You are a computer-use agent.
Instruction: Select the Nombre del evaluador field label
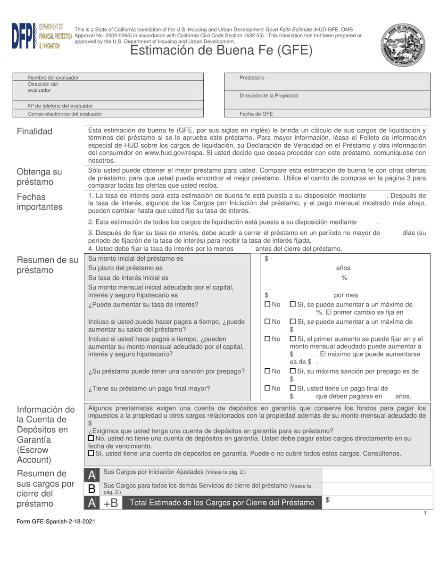pos(53,77)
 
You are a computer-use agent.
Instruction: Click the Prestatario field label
pos(252,77)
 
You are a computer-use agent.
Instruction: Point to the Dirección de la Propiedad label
pos(269,96)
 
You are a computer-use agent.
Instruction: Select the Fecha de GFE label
pos(256,114)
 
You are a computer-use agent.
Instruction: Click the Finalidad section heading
pos(35,132)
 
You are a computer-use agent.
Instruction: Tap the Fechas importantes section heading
pos(40,202)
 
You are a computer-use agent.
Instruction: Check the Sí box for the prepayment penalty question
pos(292,371)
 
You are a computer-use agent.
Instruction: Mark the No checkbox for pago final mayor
pos(268,389)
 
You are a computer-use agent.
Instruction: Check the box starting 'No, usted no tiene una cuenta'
pos(91,438)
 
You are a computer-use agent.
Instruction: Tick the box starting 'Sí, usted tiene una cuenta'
pos(91,453)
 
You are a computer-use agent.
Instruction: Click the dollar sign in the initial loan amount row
pos(266,258)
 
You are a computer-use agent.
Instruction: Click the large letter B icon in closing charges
pos(92,489)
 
